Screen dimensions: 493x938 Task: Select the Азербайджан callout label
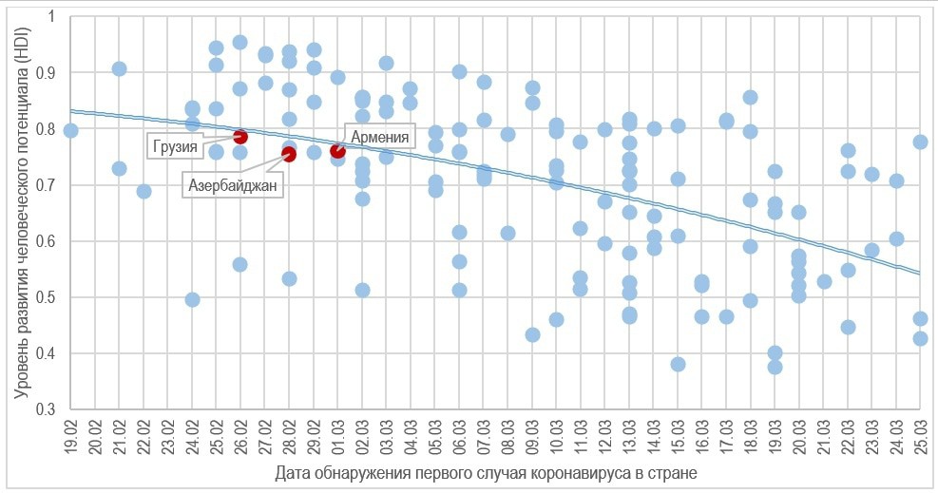click(x=232, y=185)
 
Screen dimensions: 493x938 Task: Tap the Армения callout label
click(x=380, y=137)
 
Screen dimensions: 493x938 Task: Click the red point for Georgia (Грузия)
click(x=240, y=137)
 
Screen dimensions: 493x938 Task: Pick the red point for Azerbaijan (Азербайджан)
click(x=289, y=154)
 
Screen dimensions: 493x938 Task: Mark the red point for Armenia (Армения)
click(x=337, y=150)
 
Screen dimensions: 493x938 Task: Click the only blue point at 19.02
click(x=70, y=130)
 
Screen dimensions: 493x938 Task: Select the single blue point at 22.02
click(x=144, y=191)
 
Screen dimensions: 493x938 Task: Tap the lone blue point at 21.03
click(x=824, y=281)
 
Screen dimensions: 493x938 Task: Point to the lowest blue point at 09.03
click(x=532, y=334)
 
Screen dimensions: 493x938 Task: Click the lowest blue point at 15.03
click(x=678, y=364)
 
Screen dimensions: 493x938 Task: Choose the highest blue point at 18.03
click(x=750, y=97)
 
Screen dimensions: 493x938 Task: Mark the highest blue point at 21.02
click(x=120, y=68)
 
